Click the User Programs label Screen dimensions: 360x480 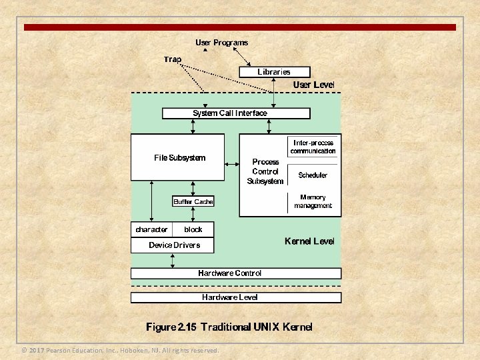[221, 43]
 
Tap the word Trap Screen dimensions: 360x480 [173, 59]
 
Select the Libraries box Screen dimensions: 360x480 [274, 71]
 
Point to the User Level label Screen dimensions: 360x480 [313, 85]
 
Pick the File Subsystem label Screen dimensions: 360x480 [180, 158]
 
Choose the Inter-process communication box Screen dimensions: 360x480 [313, 147]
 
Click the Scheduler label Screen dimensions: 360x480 [313, 175]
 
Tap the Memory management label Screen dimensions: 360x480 [313, 201]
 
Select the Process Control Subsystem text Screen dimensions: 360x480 [265, 171]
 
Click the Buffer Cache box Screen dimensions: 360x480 [193, 201]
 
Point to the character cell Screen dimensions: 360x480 [151, 229]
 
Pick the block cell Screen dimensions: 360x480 [193, 229]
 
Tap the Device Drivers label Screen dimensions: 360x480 [174, 245]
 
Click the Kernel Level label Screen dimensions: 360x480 [309, 241]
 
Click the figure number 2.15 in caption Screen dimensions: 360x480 [188, 327]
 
